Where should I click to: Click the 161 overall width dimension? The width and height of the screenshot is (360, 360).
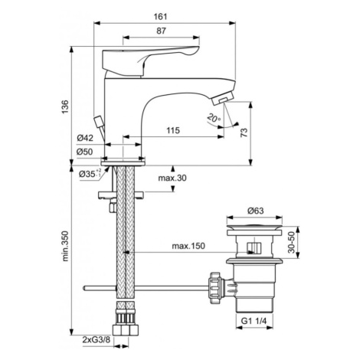click(160, 17)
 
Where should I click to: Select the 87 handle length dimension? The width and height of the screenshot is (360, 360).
click(161, 31)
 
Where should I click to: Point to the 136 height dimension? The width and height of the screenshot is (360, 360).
click(65, 107)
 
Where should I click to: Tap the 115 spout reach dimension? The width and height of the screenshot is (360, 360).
click(173, 130)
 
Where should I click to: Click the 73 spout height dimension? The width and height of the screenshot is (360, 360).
click(244, 133)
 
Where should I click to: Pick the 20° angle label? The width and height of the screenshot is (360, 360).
click(214, 118)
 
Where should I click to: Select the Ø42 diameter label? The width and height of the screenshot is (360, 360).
click(85, 138)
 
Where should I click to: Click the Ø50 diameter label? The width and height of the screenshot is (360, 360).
click(84, 152)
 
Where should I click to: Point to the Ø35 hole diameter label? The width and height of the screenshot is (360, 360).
click(90, 174)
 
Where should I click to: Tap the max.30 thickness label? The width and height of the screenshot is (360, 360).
click(172, 178)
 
